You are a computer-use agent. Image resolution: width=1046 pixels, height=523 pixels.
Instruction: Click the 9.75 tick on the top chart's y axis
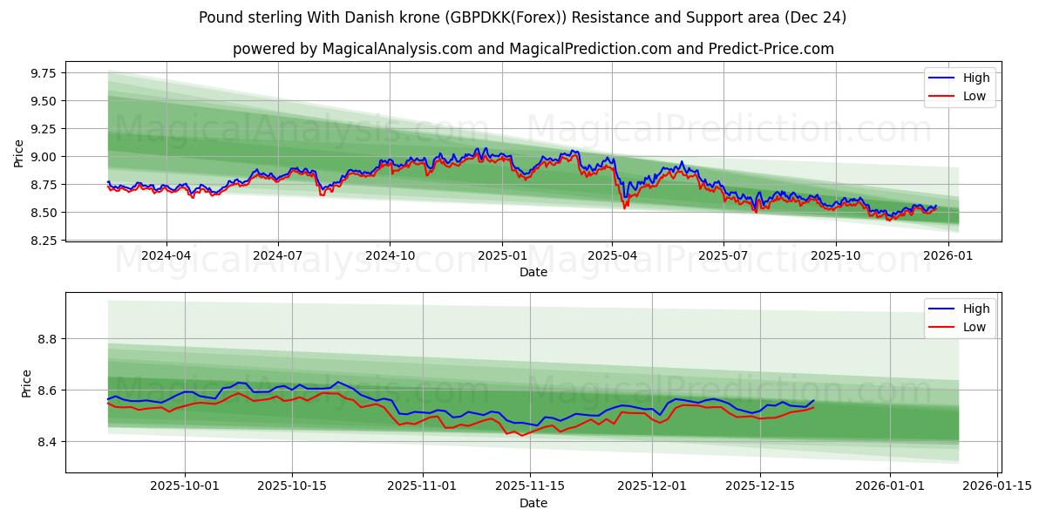pyautogui.click(x=41, y=73)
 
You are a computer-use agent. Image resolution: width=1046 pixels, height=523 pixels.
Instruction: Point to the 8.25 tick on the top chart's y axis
pyautogui.click(x=41, y=241)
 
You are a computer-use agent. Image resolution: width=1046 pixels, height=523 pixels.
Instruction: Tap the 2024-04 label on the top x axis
pyautogui.click(x=166, y=256)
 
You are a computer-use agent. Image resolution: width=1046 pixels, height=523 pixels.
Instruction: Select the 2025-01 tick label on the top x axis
pyautogui.click(x=501, y=256)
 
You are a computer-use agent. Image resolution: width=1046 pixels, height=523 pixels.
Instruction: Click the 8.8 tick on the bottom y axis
pyautogui.click(x=47, y=338)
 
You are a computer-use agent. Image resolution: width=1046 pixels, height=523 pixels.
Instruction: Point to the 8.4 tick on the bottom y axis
pyautogui.click(x=47, y=442)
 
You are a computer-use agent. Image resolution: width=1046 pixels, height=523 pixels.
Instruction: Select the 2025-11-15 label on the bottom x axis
pyautogui.click(x=529, y=486)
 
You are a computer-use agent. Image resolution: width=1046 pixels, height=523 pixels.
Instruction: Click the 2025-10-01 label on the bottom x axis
pyautogui.click(x=185, y=486)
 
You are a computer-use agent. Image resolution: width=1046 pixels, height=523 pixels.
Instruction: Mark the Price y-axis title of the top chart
pyautogui.click(x=19, y=153)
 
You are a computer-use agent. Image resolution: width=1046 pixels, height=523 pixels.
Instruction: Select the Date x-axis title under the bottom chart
pyautogui.click(x=533, y=503)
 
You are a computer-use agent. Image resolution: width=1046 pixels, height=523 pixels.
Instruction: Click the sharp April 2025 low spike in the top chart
pyautogui.click(x=624, y=207)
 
